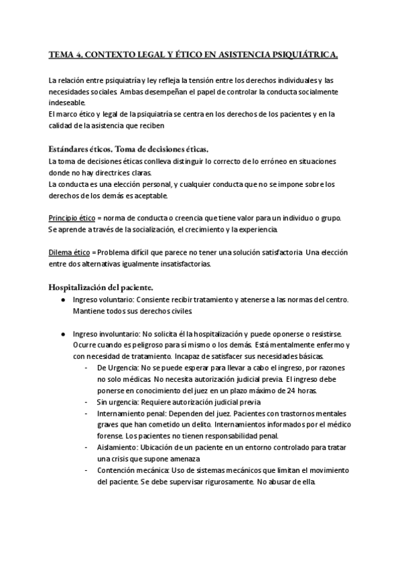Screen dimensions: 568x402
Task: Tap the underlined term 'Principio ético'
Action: pyautogui.click(x=73, y=218)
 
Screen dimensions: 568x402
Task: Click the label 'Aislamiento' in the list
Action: pyautogui.click(x=118, y=447)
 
